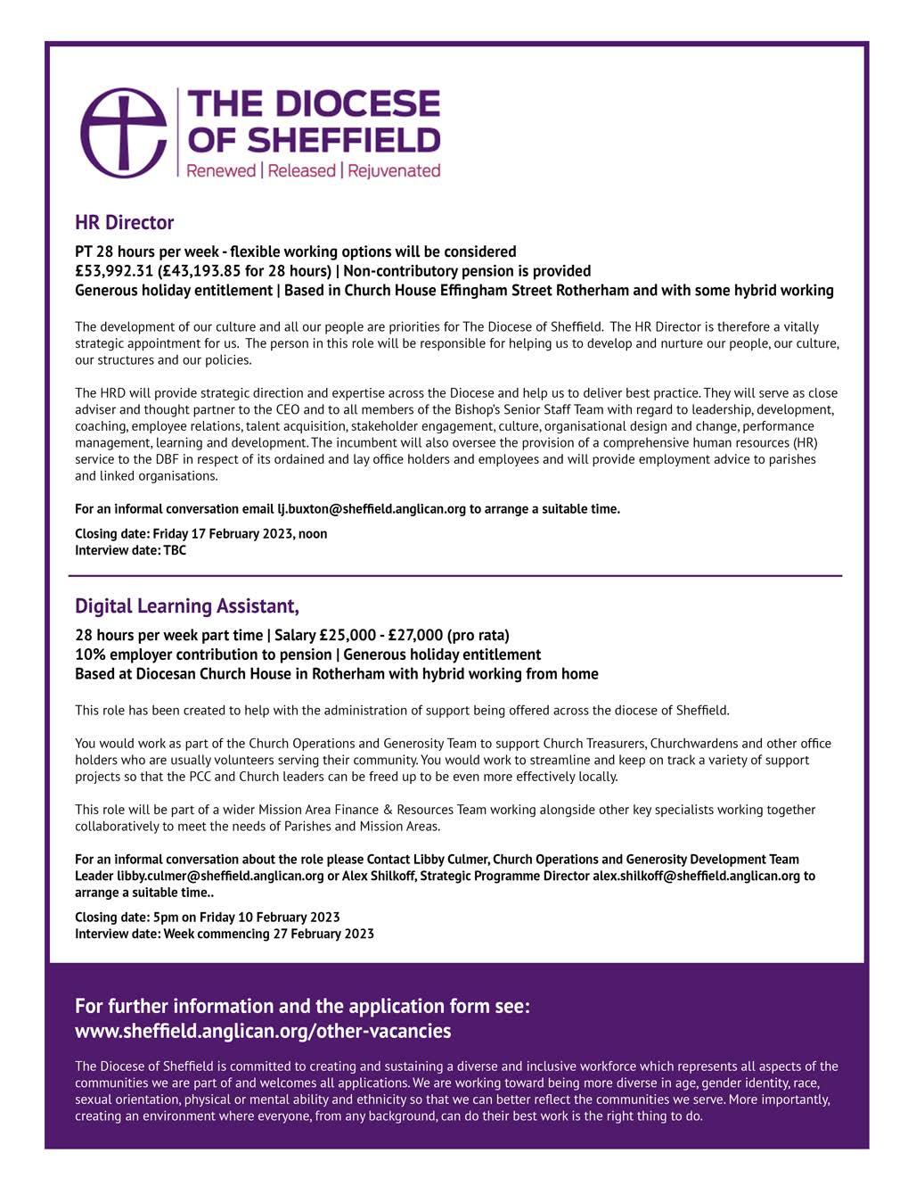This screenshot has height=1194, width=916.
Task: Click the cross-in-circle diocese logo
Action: (x=124, y=132)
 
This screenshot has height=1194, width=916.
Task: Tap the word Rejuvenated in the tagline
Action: (x=394, y=170)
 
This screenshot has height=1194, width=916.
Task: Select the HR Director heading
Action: (x=124, y=222)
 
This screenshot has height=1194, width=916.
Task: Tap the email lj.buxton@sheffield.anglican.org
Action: (x=372, y=509)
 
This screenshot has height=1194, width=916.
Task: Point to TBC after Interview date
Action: (x=175, y=550)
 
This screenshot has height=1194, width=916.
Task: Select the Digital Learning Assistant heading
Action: (x=187, y=606)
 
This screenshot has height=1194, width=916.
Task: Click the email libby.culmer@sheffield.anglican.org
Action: (x=220, y=876)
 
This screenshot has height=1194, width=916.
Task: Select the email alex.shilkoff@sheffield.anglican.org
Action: (x=697, y=876)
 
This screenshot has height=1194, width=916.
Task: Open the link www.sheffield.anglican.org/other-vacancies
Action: (x=263, y=1032)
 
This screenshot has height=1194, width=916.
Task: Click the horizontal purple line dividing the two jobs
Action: (x=455, y=576)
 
